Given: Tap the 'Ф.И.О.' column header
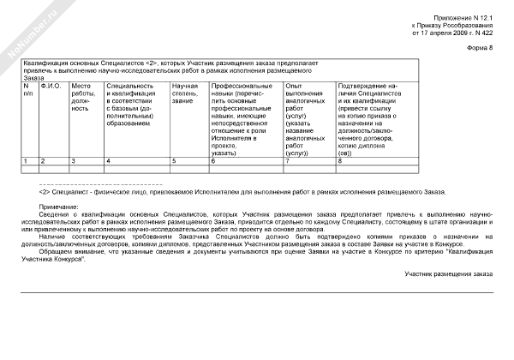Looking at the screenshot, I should click(51, 87).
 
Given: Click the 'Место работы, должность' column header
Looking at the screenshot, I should click(81, 98).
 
